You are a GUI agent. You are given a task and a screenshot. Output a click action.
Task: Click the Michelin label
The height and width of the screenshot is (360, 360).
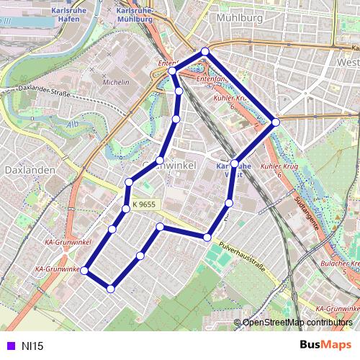116,83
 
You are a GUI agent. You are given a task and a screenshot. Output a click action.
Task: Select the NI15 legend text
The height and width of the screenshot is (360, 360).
32,346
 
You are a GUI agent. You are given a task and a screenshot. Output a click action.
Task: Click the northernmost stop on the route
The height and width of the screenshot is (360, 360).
205,51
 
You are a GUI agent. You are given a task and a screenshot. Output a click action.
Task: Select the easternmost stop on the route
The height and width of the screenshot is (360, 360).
276,122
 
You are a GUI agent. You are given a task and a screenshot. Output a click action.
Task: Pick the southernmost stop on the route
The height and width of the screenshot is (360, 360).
110,289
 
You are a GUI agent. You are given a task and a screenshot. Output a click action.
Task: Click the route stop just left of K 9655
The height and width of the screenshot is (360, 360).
126,208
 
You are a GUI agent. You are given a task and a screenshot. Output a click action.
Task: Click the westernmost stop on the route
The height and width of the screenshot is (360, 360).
84,271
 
